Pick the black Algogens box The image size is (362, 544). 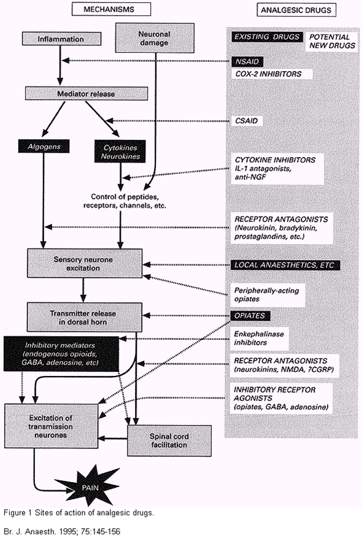45,147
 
